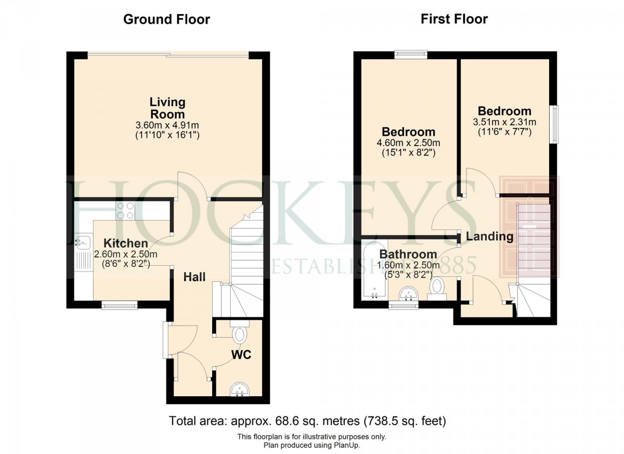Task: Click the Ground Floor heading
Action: (x=166, y=20)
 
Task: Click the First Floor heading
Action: (x=454, y=20)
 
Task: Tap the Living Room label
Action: (x=167, y=108)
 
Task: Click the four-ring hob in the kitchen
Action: (x=125, y=210)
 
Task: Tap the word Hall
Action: (x=194, y=277)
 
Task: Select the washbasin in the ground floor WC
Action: (x=240, y=389)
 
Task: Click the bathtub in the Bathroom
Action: (x=374, y=270)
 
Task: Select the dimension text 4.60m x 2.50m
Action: (x=408, y=143)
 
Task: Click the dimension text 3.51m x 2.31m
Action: (x=504, y=122)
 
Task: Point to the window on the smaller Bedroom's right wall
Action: (x=555, y=123)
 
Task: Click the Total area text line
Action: (x=308, y=420)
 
